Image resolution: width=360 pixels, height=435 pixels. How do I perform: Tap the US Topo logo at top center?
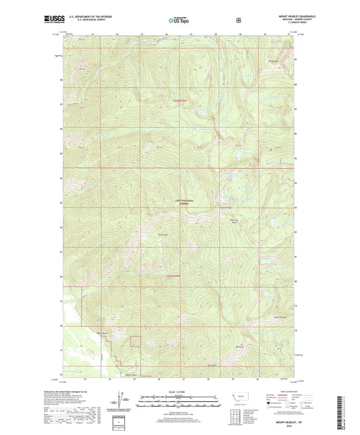(x=178, y=20)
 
